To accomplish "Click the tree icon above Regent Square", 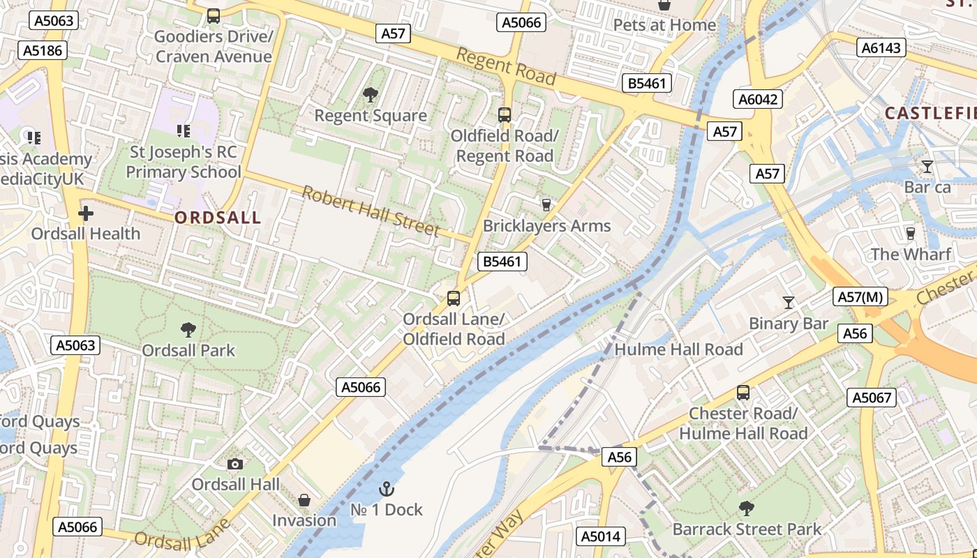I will pyautogui.click(x=371, y=94).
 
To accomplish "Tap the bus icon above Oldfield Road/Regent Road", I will pyautogui.click(x=505, y=115).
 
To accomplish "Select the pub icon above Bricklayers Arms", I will pyautogui.click(x=546, y=204).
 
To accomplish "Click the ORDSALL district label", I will pyautogui.click(x=218, y=218).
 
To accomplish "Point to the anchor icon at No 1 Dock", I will pyautogui.click(x=386, y=489).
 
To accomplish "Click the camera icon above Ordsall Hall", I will pyautogui.click(x=236, y=464).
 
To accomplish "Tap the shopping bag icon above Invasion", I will pyautogui.click(x=304, y=500).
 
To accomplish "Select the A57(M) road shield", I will pyautogui.click(x=860, y=297).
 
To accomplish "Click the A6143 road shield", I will pyautogui.click(x=881, y=47).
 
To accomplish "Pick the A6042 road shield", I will pyautogui.click(x=759, y=100).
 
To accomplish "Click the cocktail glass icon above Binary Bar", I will pyautogui.click(x=789, y=302).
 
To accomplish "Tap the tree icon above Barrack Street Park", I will pyautogui.click(x=747, y=508).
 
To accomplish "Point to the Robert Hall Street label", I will pyautogui.click(x=371, y=211).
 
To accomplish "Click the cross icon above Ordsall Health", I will pyautogui.click(x=86, y=213).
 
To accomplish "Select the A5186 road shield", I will pyautogui.click(x=43, y=50).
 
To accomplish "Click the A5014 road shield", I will pyautogui.click(x=601, y=536).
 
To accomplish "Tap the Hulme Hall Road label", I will pyautogui.click(x=678, y=349).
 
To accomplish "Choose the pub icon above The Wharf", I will pyautogui.click(x=910, y=233).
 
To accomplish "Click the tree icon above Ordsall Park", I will pyautogui.click(x=188, y=329).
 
